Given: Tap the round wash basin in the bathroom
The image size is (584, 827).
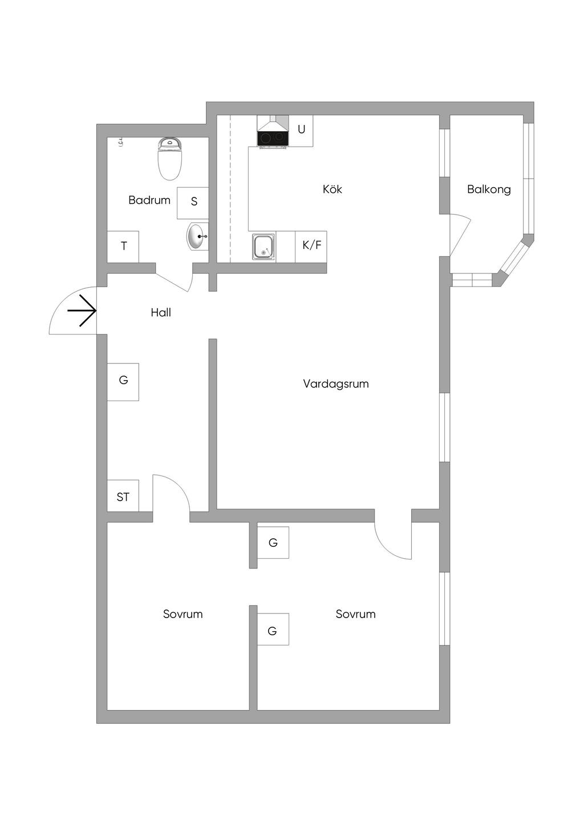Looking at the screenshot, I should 197,236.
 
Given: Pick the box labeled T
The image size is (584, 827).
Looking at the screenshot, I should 123,247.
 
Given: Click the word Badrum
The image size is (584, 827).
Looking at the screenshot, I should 149,200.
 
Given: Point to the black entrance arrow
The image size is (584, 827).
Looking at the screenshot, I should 82,311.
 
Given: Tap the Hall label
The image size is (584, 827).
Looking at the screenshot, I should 161,313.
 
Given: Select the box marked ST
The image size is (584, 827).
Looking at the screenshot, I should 123,496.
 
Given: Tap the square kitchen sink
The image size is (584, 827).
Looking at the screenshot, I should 263,247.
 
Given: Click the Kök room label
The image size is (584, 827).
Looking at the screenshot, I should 332,189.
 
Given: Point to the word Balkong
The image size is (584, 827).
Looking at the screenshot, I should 489,189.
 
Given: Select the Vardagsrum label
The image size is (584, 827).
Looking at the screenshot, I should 336,384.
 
